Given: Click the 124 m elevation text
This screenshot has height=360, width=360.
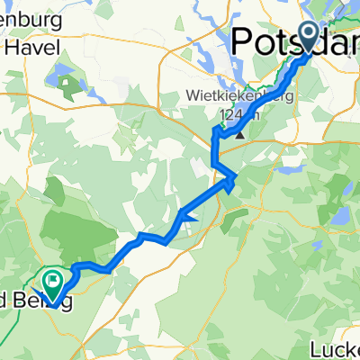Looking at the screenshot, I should [x=236, y=114].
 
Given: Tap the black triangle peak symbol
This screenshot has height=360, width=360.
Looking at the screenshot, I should [x=240, y=135].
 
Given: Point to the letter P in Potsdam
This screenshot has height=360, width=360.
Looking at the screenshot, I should [x=244, y=42].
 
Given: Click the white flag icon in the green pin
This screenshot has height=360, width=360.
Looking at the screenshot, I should [x=54, y=280].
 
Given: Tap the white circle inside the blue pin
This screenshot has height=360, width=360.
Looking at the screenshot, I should [x=308, y=34].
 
